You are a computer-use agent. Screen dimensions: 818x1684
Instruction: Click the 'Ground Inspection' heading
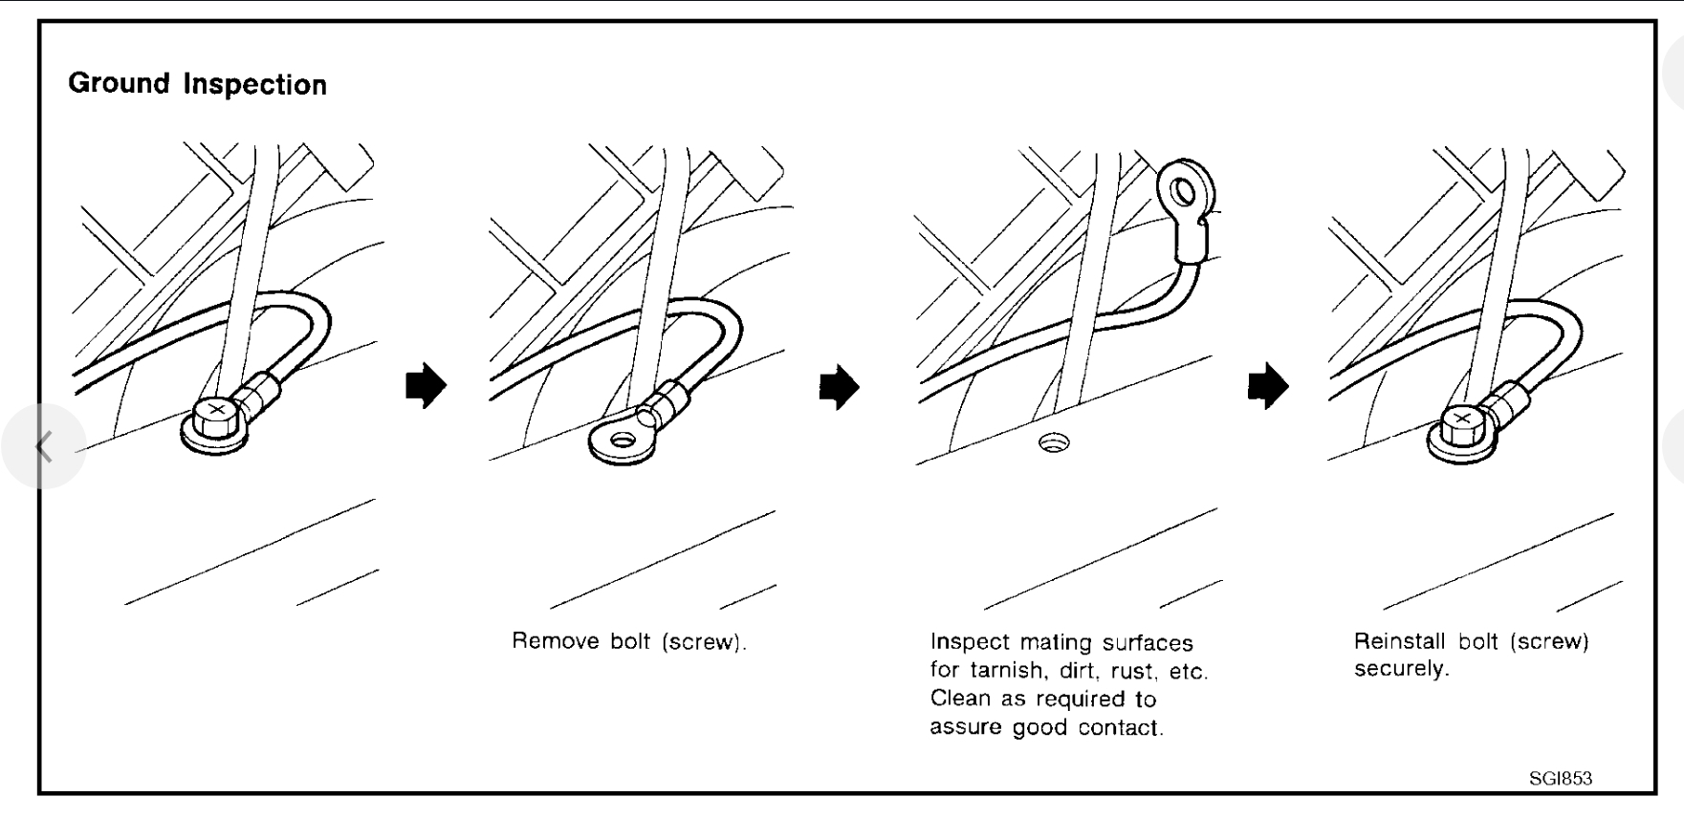197,84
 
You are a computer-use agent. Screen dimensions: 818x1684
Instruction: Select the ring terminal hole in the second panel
623,441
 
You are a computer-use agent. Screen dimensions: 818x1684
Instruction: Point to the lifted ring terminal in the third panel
1185,192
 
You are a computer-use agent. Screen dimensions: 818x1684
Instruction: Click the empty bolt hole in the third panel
1054,442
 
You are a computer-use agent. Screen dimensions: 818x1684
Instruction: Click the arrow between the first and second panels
426,385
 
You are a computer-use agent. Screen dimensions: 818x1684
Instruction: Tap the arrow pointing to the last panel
1268,385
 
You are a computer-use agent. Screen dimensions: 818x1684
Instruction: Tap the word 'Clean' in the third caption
959,699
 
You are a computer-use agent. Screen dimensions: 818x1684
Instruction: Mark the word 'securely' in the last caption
1401,669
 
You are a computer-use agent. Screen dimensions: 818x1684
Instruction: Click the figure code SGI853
1561,778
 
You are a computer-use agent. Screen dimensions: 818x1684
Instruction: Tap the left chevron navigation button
43,446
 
